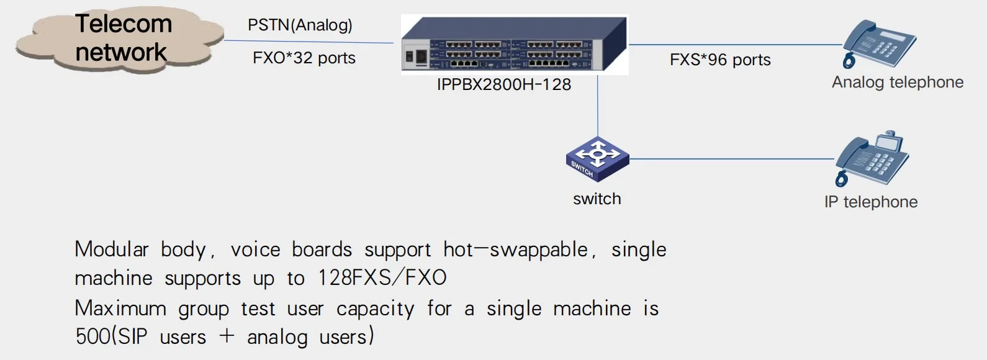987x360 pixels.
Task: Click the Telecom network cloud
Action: (x=121, y=38)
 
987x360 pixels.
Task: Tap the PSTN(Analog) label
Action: (x=300, y=25)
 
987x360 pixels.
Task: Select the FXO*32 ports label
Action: (x=304, y=58)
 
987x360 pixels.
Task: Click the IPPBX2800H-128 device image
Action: (x=514, y=45)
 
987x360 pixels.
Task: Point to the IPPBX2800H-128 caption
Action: (x=503, y=85)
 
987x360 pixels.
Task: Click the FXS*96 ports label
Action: (x=720, y=60)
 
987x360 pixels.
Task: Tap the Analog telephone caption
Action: (x=897, y=82)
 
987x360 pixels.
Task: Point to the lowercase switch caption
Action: (x=597, y=199)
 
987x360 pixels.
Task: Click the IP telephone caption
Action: (x=870, y=202)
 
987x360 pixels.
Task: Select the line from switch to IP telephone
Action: (x=732, y=159)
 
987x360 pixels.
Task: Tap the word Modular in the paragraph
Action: (x=112, y=250)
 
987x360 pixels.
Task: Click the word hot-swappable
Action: (x=515, y=250)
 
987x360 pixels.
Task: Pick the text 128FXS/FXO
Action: (x=382, y=277)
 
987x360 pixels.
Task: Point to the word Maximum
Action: (x=120, y=308)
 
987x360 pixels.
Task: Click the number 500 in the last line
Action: (x=92, y=336)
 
